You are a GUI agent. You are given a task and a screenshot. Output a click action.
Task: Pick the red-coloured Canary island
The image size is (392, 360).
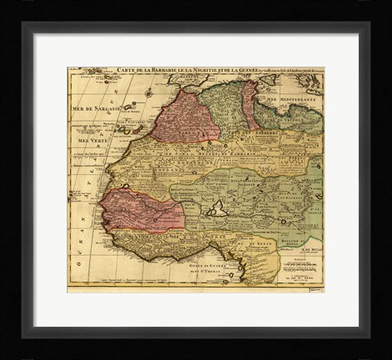tap(127, 129)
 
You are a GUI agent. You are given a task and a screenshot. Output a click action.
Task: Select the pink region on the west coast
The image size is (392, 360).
tap(138, 210)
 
